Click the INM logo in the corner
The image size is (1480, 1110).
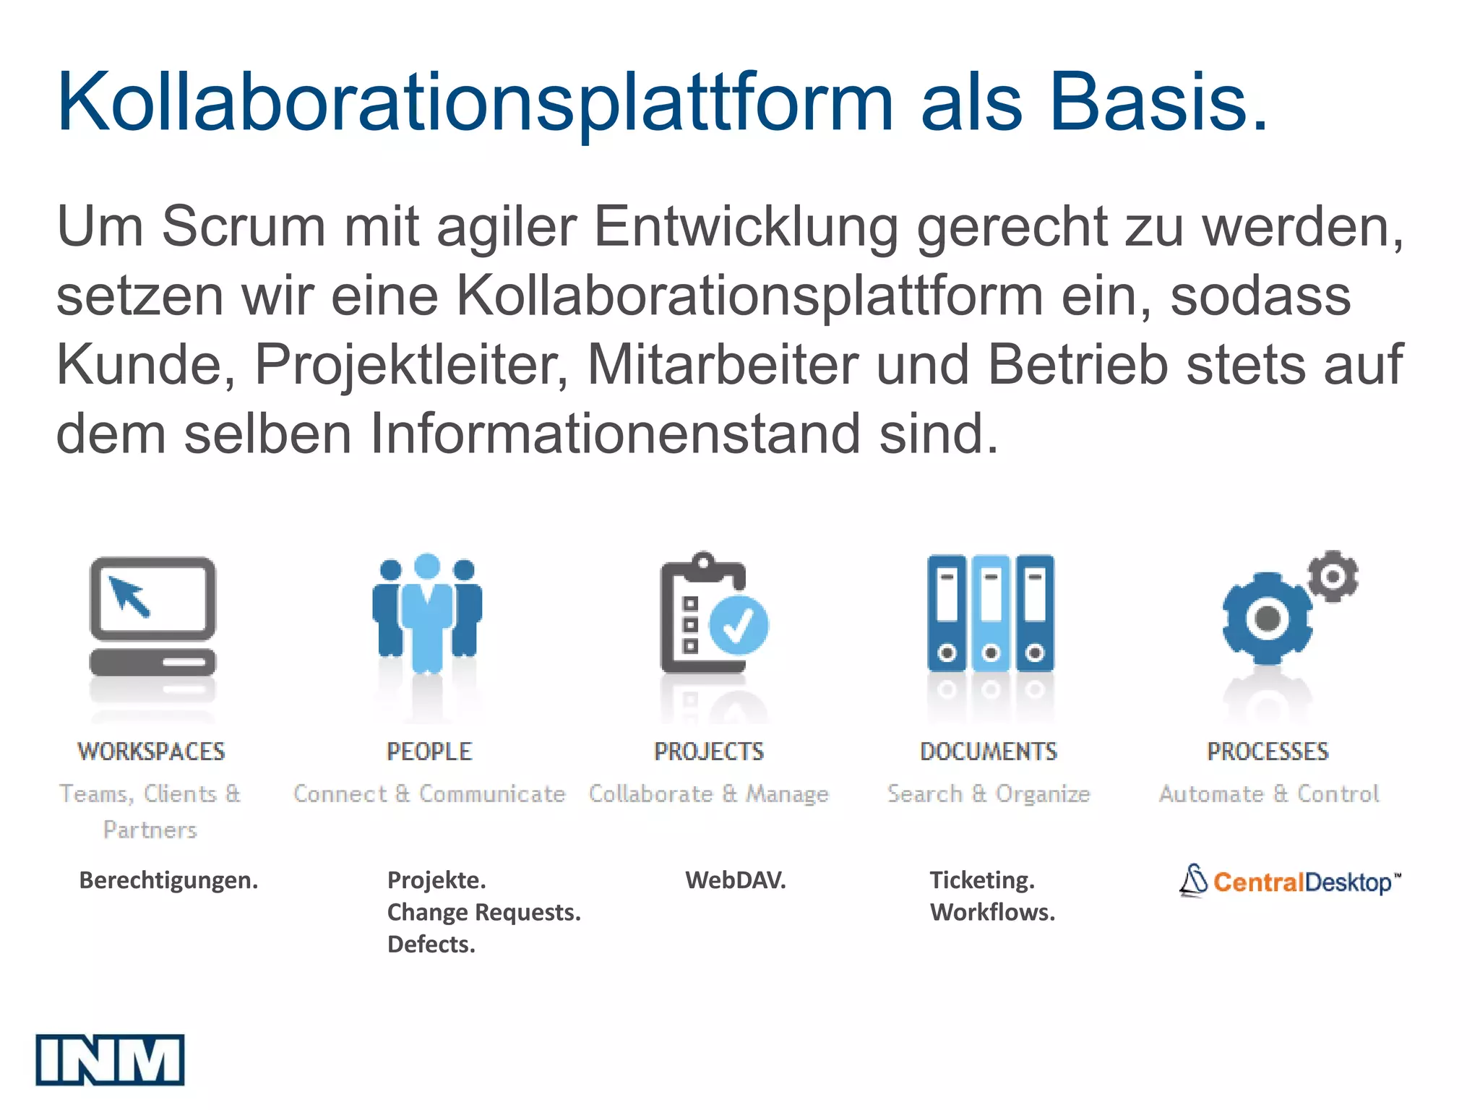tap(110, 1059)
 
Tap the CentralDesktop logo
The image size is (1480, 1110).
tap(1289, 882)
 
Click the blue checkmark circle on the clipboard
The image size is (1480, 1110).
tap(739, 625)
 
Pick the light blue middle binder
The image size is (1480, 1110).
tap(991, 613)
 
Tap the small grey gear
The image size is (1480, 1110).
tap(1333, 576)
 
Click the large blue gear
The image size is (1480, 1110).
tap(1267, 619)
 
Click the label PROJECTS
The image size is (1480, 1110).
tap(708, 752)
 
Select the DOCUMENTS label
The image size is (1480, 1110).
tap(988, 752)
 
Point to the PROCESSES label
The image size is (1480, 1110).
tap(1268, 752)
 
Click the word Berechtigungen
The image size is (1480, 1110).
tap(168, 880)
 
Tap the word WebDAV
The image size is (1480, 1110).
tap(735, 880)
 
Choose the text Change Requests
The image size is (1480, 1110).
tap(483, 912)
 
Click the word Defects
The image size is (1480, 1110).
tap(431, 944)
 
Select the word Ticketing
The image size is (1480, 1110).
tap(982, 880)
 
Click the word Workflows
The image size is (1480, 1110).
tap(992, 912)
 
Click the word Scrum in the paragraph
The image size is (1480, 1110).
tap(244, 227)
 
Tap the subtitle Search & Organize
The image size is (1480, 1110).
tap(988, 793)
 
